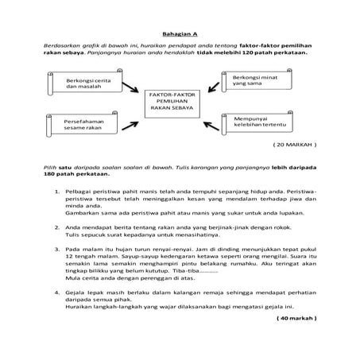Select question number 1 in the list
pyautogui.click(x=56, y=192)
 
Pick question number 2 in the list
pyautogui.click(x=56, y=226)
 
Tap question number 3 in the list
pyautogui.click(x=56, y=249)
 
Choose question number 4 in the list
pyautogui.click(x=56, y=292)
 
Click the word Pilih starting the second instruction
pyautogui.click(x=49, y=168)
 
